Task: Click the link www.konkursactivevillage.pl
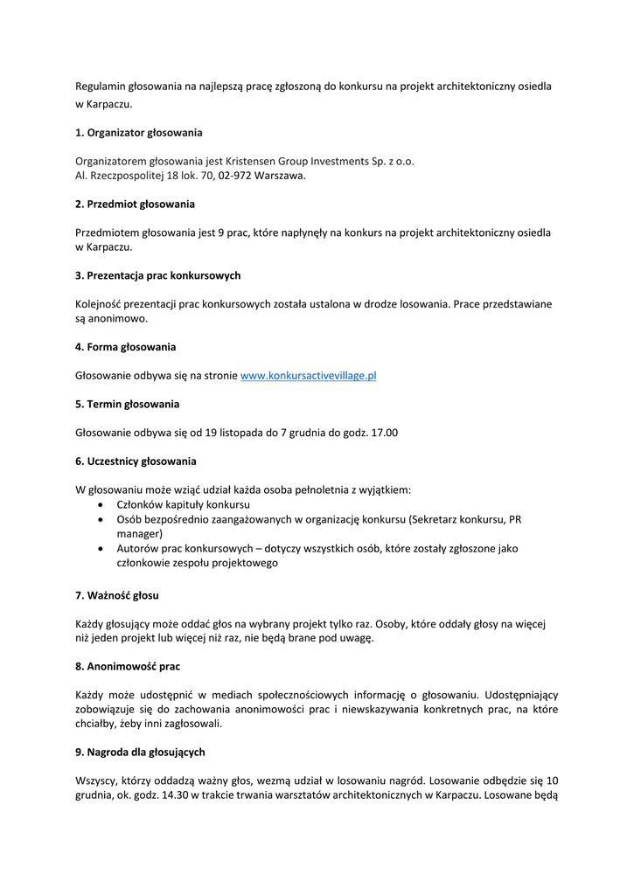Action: [308, 376]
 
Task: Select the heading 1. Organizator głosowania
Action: [138, 133]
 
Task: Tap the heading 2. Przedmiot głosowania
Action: [135, 204]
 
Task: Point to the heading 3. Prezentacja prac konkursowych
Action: [157, 275]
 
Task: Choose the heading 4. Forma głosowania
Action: [125, 347]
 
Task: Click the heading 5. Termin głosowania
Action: [127, 404]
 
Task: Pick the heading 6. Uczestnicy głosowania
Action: [136, 461]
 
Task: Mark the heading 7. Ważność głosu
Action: [117, 595]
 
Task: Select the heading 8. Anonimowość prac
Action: [128, 666]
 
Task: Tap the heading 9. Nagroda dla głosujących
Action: [140, 752]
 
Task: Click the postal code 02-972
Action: [235, 176]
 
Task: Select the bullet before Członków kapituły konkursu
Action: [104, 505]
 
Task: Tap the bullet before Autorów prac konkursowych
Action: [104, 549]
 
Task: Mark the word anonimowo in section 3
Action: [117, 319]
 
